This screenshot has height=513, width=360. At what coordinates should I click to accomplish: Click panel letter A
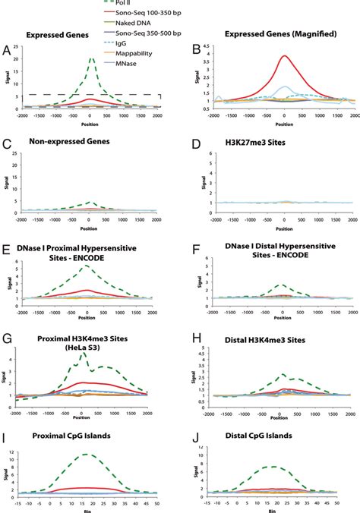coord(6,50)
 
